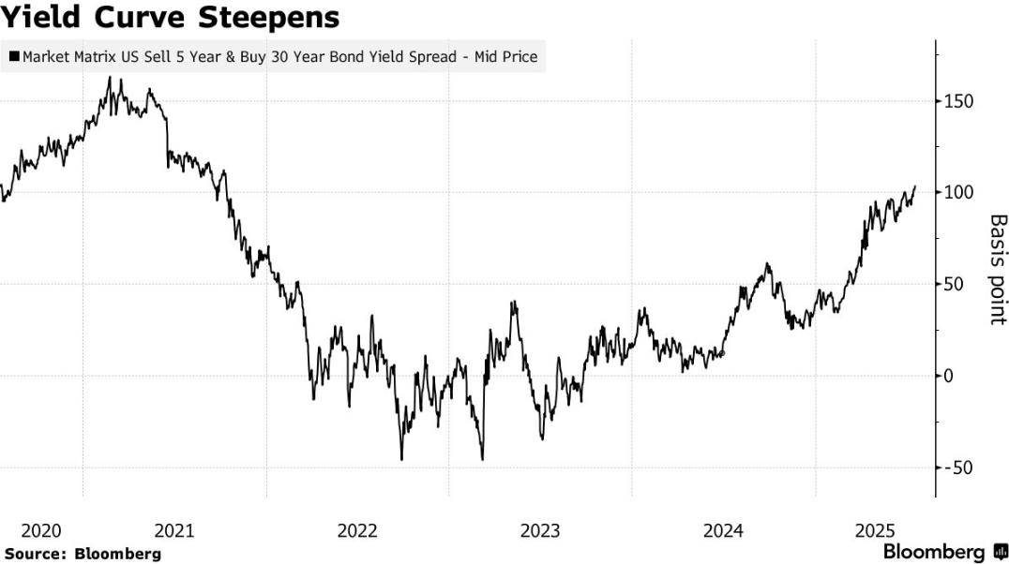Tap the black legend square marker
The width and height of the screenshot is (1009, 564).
click(x=14, y=57)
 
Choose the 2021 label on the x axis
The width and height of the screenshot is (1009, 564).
click(x=174, y=531)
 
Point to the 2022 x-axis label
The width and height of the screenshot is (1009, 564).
click(x=357, y=531)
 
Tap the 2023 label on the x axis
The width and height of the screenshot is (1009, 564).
click(x=541, y=531)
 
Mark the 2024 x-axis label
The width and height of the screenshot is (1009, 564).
click(x=724, y=531)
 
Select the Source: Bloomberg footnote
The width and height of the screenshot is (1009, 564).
click(x=83, y=554)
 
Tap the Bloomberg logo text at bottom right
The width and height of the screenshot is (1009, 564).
click(x=934, y=552)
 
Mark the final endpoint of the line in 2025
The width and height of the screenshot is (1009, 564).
click(x=914, y=186)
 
